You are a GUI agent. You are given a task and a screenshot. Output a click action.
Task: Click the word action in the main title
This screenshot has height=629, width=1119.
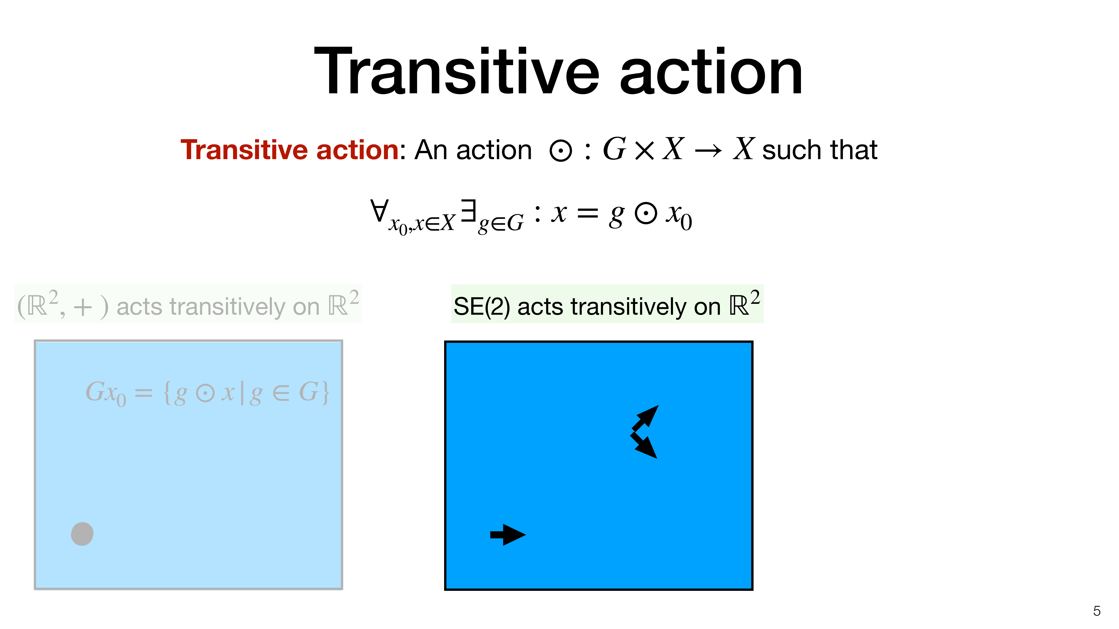711,72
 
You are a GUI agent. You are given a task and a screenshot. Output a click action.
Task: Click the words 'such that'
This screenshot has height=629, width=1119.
820,150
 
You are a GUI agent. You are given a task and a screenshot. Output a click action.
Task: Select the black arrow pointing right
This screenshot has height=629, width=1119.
508,535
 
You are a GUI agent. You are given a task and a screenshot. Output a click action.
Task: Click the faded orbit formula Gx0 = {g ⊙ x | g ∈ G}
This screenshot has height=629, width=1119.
207,393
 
